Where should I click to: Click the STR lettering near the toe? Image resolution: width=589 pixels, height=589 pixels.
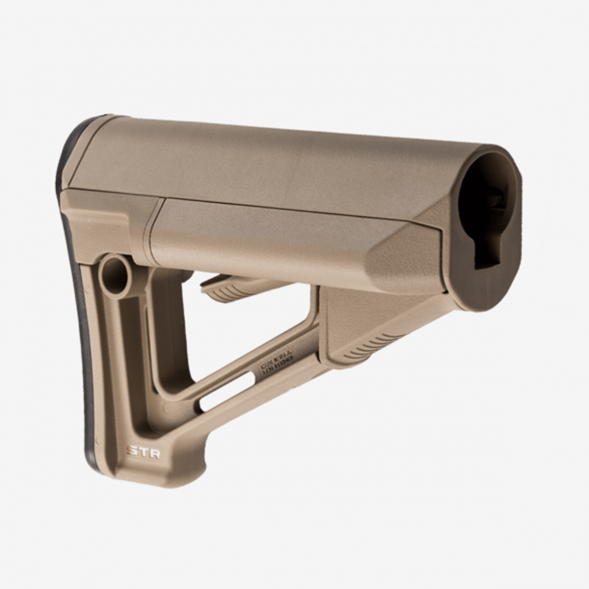click(x=143, y=452)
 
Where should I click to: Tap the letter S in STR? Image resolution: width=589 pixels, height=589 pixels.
click(x=132, y=452)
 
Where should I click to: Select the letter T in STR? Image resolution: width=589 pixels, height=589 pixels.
click(x=143, y=452)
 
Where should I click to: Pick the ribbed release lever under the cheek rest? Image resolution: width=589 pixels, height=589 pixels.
click(x=230, y=288)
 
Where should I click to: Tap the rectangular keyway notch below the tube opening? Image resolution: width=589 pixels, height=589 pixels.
click(x=487, y=253)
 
